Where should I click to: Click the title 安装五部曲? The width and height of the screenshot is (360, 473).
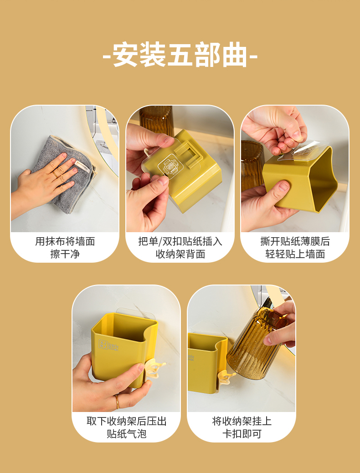click(x=180, y=55)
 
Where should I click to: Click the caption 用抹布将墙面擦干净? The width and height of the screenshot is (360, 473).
click(x=65, y=248)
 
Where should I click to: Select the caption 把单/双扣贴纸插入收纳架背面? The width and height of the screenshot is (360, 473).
click(x=180, y=248)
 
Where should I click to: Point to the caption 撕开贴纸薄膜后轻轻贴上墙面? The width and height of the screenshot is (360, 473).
click(x=295, y=248)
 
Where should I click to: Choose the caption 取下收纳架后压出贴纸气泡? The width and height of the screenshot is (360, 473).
click(x=126, y=427)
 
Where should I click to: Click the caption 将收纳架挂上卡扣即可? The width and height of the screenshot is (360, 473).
click(x=242, y=427)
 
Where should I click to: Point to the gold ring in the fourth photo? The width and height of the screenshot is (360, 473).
click(x=117, y=401)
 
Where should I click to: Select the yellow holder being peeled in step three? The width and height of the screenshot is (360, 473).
click(x=301, y=182)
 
